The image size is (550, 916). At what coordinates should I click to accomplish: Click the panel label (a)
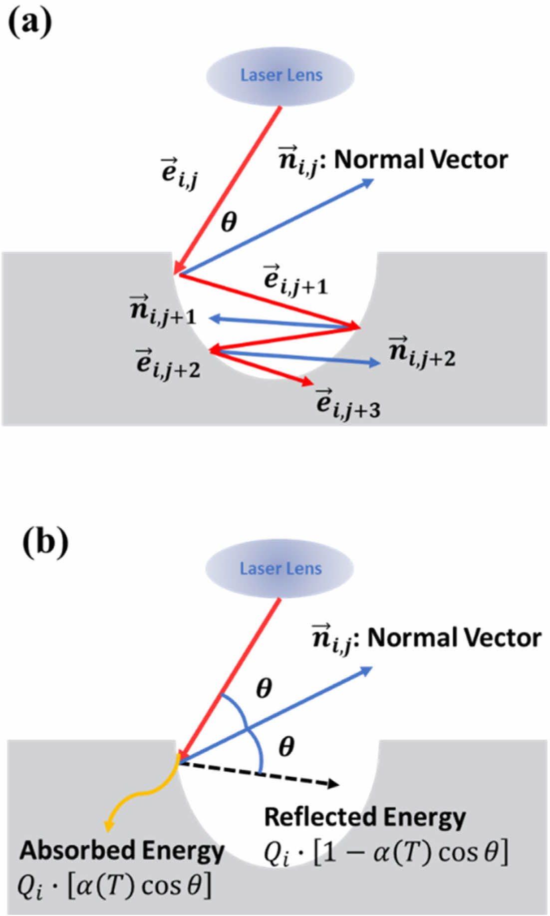[x=30, y=22]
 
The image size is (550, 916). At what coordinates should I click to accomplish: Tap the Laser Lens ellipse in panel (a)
[x=280, y=75]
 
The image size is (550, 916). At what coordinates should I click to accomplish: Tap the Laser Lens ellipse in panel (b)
[x=280, y=569]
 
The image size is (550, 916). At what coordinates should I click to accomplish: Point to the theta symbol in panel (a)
[x=229, y=222]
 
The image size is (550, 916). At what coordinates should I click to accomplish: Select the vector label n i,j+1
[x=163, y=310]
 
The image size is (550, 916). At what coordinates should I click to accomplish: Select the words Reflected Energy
[x=364, y=817]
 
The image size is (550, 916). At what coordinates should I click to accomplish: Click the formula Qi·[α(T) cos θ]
[x=114, y=885]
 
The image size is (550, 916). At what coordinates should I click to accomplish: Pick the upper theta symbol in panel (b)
[x=264, y=689]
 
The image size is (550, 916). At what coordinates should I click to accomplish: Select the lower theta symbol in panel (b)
[x=286, y=747]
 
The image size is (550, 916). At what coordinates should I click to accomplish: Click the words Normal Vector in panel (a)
[x=421, y=160]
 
